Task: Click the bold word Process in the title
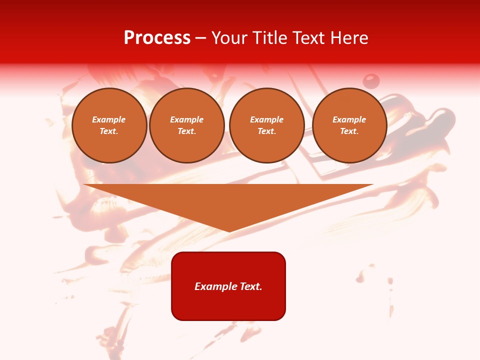pyautogui.click(x=157, y=38)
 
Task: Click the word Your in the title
pyautogui.click(x=229, y=38)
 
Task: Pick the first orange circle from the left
pyautogui.click(x=109, y=125)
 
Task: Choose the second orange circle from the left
pyautogui.click(x=187, y=125)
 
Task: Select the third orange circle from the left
pyautogui.click(x=267, y=125)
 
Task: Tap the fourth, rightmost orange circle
pyautogui.click(x=349, y=125)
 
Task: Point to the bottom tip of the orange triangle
pyautogui.click(x=229, y=231)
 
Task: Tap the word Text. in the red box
pyautogui.click(x=250, y=286)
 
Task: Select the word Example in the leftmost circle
pyautogui.click(x=109, y=119)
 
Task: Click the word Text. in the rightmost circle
pyautogui.click(x=349, y=131)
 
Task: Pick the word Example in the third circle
pyautogui.click(x=267, y=119)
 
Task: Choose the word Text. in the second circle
pyautogui.click(x=187, y=131)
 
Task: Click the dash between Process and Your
pyautogui.click(x=201, y=38)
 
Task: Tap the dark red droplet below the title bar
pyautogui.click(x=371, y=80)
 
